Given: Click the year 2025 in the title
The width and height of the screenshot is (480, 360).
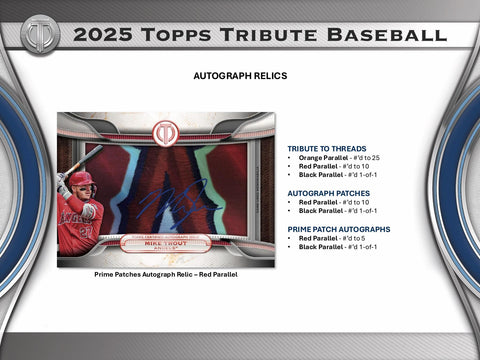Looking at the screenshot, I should pos(101,35).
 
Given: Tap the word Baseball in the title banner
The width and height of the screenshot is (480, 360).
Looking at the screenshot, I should pos(386,35).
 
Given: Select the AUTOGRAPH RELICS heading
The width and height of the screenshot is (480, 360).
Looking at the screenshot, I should pos(240,75).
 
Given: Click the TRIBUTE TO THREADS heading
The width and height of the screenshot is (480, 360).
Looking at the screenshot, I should pos(327,149).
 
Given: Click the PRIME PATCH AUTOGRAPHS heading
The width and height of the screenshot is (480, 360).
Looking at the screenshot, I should pos(338,229).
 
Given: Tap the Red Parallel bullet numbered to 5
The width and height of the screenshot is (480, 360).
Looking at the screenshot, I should pos(331,239).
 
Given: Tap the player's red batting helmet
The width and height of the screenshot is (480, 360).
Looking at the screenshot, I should pos(80,179).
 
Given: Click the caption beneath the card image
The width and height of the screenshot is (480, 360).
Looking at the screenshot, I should pos(165,273).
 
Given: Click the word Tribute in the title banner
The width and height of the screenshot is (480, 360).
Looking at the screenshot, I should pos(261,35).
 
